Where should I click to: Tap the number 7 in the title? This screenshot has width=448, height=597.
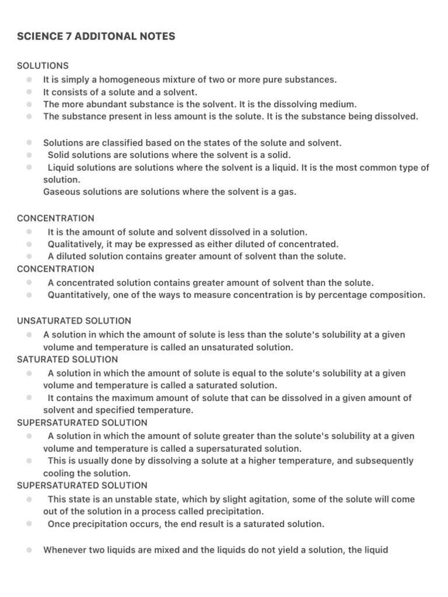[x=63, y=36]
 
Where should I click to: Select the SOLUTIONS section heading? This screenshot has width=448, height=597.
[x=43, y=66]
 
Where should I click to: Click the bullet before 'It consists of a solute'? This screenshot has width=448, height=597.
[x=29, y=92]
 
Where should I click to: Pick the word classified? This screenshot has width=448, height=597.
[x=135, y=143]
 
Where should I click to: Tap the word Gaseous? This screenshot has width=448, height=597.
[x=62, y=192]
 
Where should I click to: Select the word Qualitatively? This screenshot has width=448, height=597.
[x=76, y=244]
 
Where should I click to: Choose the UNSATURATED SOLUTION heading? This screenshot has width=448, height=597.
[x=74, y=321]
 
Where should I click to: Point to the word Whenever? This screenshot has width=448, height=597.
[x=65, y=550]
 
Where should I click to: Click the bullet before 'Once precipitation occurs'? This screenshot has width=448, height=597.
[x=29, y=524]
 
